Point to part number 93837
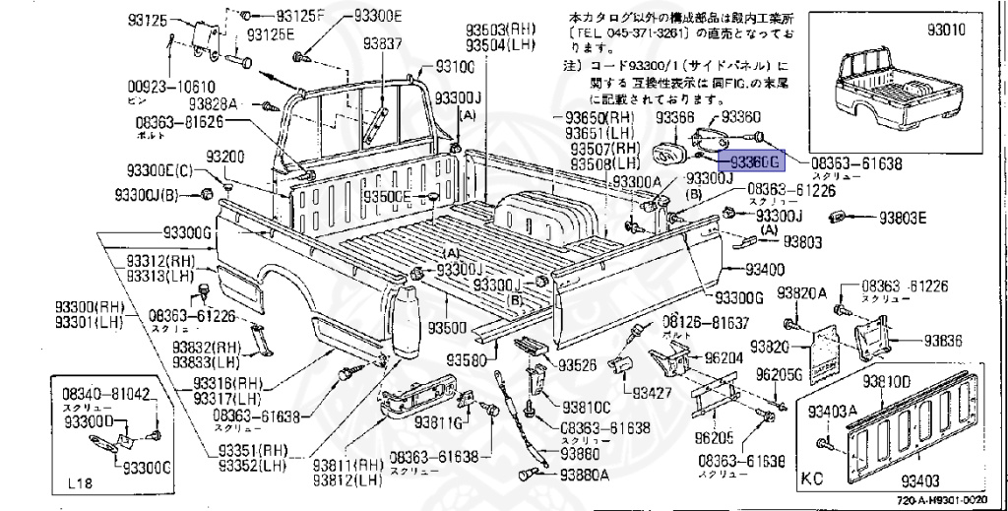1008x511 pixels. pyautogui.click(x=382, y=44)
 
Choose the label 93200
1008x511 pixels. pyautogui.click(x=224, y=158)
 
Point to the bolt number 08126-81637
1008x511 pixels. pyautogui.click(x=705, y=323)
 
